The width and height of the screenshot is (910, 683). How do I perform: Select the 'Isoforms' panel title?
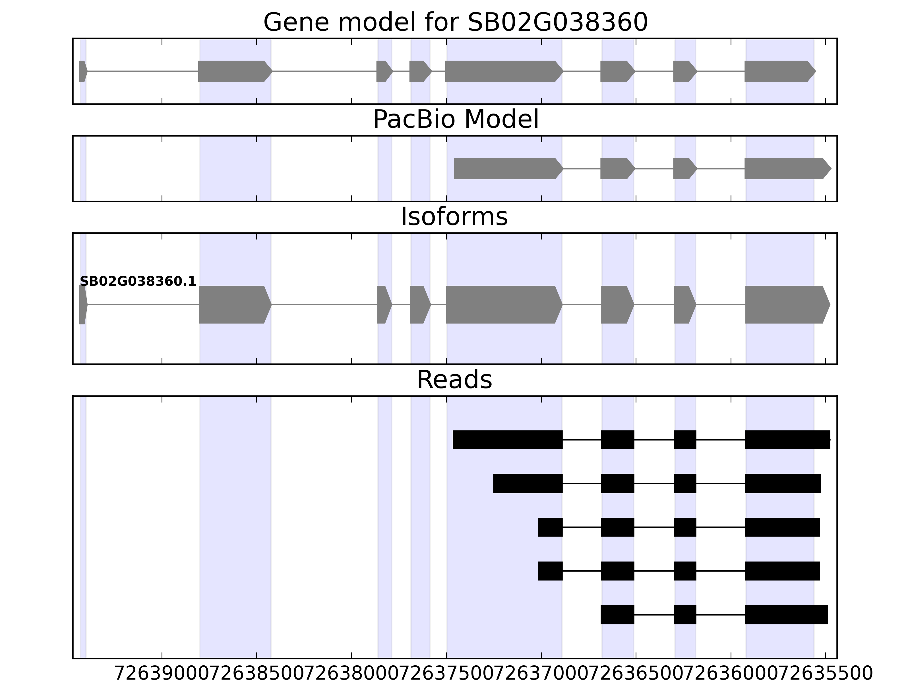(454, 217)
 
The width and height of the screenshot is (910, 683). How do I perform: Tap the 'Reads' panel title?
(454, 380)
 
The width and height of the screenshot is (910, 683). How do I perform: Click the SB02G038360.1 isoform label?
(138, 282)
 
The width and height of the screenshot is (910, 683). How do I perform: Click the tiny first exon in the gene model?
(82, 71)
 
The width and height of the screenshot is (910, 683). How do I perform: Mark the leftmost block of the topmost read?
(508, 440)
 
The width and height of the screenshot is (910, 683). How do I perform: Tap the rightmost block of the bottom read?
(787, 615)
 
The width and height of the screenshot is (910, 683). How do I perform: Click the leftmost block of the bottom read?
(617, 615)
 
